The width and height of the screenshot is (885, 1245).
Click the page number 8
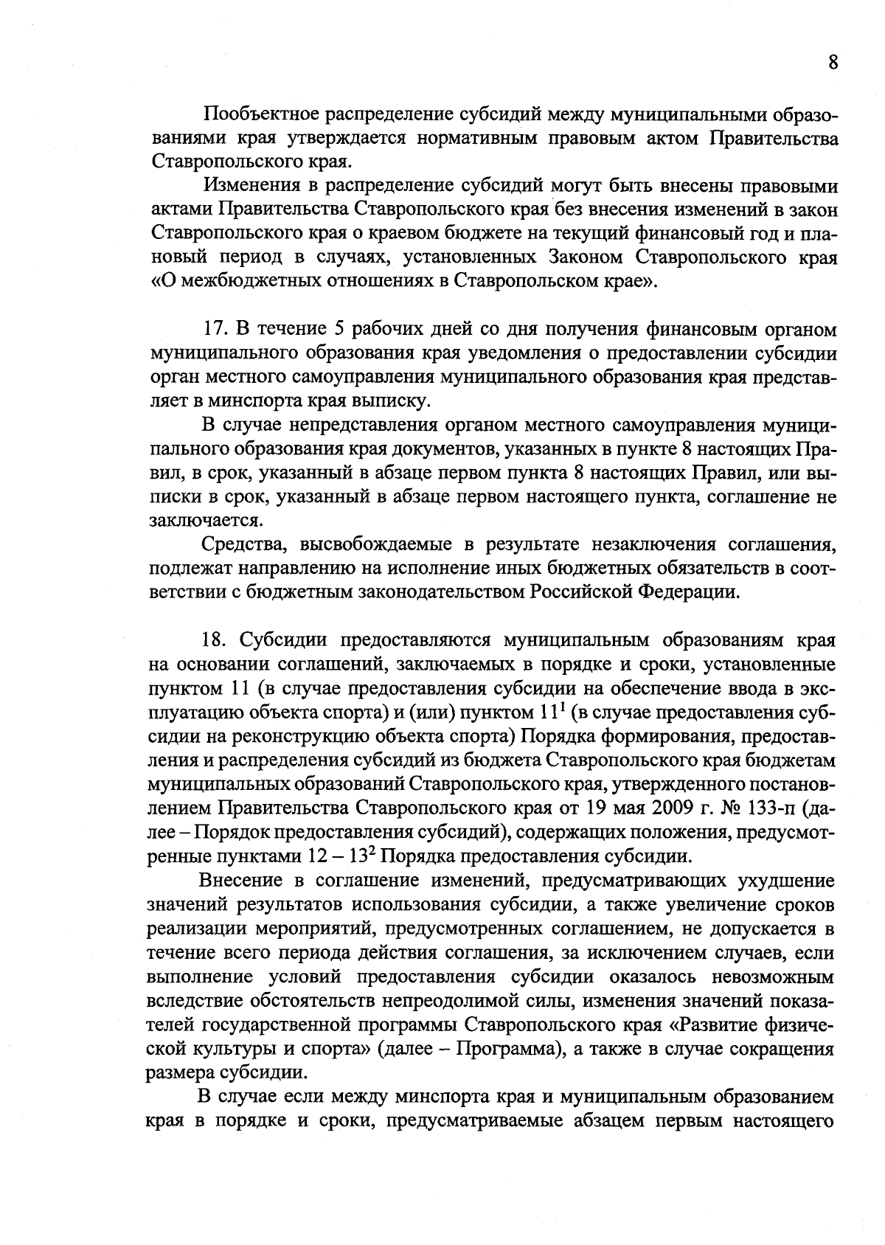click(x=832, y=62)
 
